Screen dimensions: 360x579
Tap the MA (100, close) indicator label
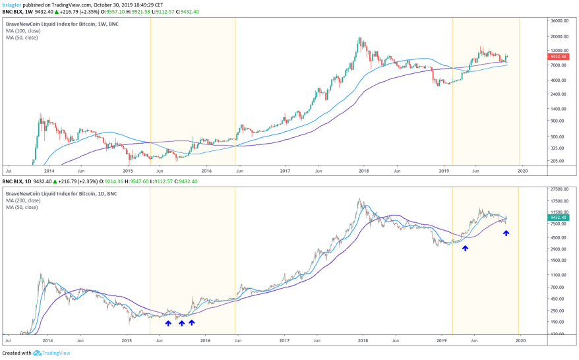pyautogui.click(x=22, y=31)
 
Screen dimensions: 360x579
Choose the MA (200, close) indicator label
pyautogui.click(x=22, y=199)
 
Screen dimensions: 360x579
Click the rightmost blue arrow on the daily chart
pyautogui.click(x=506, y=233)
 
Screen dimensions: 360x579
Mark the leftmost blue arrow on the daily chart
pyautogui.click(x=168, y=323)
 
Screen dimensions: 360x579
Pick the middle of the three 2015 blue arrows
pyautogui.click(x=181, y=323)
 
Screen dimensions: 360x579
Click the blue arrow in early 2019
pyautogui.click(x=466, y=248)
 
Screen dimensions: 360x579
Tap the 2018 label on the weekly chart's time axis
pyautogui.click(x=363, y=170)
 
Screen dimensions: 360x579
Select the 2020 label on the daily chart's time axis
pyautogui.click(x=520, y=341)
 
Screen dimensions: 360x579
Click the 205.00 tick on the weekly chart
pyautogui.click(x=558, y=160)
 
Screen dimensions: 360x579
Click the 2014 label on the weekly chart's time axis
pyautogui.click(x=47, y=170)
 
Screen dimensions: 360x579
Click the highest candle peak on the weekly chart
pyautogui.click(x=359, y=38)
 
